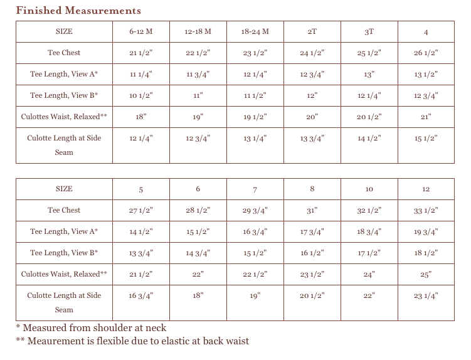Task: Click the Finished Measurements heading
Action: pos(78,11)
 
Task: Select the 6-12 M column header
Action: pos(141,31)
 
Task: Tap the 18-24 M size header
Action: pos(255,31)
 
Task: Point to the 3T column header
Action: pos(369,31)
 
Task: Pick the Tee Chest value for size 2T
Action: pos(312,53)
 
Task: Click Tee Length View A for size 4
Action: pos(426,74)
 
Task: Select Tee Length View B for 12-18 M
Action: pos(198,95)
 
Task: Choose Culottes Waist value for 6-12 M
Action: pos(141,117)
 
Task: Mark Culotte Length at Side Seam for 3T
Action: pos(369,139)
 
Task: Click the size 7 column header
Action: pos(255,189)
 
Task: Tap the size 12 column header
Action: pos(426,189)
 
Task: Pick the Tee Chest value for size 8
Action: pos(312,210)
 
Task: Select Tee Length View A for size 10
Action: pos(369,231)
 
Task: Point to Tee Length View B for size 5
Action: pos(141,253)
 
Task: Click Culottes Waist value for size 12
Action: pos(426,274)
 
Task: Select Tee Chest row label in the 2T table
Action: pos(64,53)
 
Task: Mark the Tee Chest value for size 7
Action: pos(255,210)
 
